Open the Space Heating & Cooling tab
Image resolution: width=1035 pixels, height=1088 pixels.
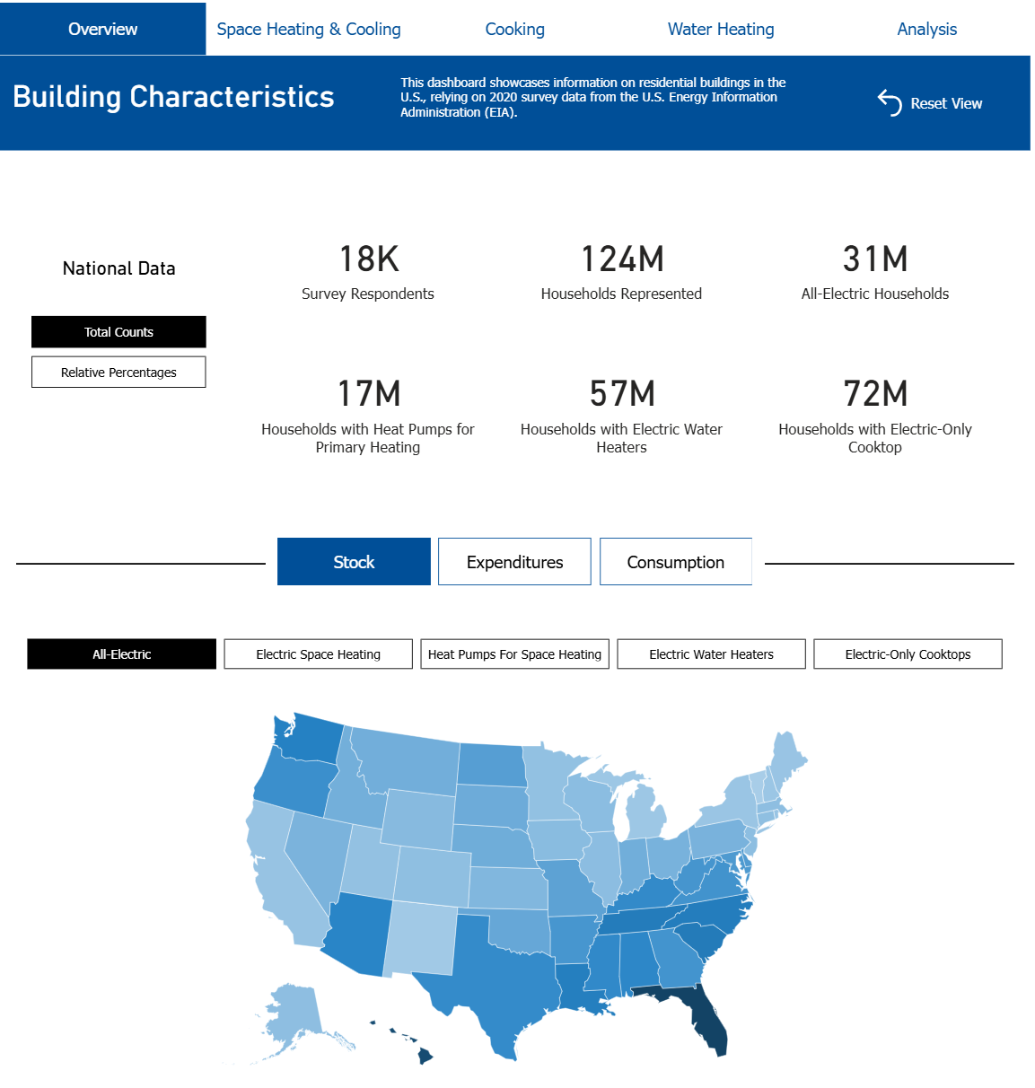click(x=309, y=30)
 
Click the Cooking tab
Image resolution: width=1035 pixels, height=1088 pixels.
click(x=514, y=30)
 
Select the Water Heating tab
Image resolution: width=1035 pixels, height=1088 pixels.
click(x=720, y=30)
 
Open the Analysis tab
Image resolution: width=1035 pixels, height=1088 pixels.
click(x=926, y=30)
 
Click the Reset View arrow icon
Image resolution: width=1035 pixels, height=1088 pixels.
click(x=889, y=103)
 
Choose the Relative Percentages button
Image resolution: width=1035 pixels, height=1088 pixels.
click(x=118, y=373)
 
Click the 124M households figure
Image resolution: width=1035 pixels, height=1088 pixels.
click(x=621, y=259)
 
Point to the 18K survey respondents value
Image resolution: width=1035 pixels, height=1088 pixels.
click(x=368, y=259)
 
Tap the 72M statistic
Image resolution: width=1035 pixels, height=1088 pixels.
click(x=875, y=394)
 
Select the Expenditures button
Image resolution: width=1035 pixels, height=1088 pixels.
click(x=514, y=562)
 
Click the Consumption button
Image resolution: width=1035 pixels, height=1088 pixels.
click(x=675, y=562)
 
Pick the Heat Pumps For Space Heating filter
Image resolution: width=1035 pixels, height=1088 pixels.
click(x=514, y=654)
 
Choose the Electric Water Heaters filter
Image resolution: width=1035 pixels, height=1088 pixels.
click(x=711, y=654)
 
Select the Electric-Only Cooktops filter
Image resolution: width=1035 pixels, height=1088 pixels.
click(x=908, y=654)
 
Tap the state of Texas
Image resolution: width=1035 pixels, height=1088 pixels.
click(x=503, y=978)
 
